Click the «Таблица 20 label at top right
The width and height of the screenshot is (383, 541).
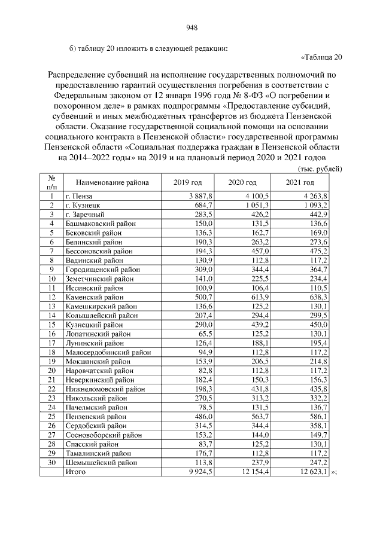(320, 58)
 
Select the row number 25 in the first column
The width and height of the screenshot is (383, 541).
(52, 417)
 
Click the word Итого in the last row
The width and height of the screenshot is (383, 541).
(75, 472)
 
